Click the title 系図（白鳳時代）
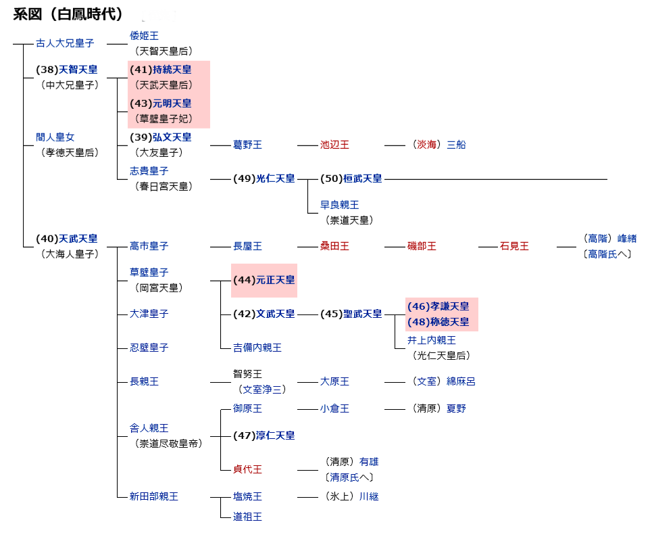[68, 14]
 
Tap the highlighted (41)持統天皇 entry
[161, 70]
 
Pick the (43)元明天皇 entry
[161, 103]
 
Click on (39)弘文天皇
[161, 137]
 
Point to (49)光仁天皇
[264, 179]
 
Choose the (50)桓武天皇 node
[351, 179]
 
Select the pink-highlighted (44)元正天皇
[264, 280]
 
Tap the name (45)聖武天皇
[351, 314]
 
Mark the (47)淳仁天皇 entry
[264, 436]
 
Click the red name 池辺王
[334, 145]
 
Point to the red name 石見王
[514, 246]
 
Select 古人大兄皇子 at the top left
[65, 43]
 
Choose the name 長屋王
[247, 246]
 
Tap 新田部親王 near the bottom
[154, 496]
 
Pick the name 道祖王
[247, 517]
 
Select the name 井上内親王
[431, 340]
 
